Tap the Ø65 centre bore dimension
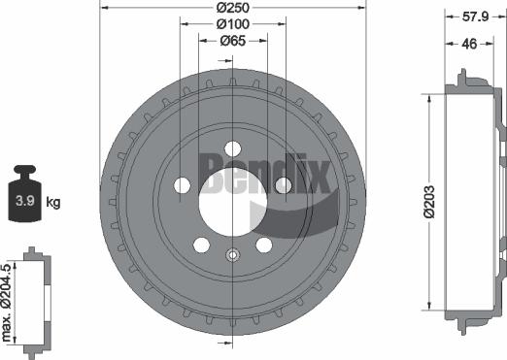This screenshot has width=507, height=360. coord(231,40)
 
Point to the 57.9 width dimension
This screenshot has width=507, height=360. coord(474,16)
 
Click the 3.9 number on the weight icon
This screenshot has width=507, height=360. coord(26,203)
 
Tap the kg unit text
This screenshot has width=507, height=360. coord(54,203)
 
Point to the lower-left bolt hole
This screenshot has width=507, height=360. coord(201,245)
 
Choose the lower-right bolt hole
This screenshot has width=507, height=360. coord(262,245)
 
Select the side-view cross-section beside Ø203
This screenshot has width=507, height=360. coord(471,206)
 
